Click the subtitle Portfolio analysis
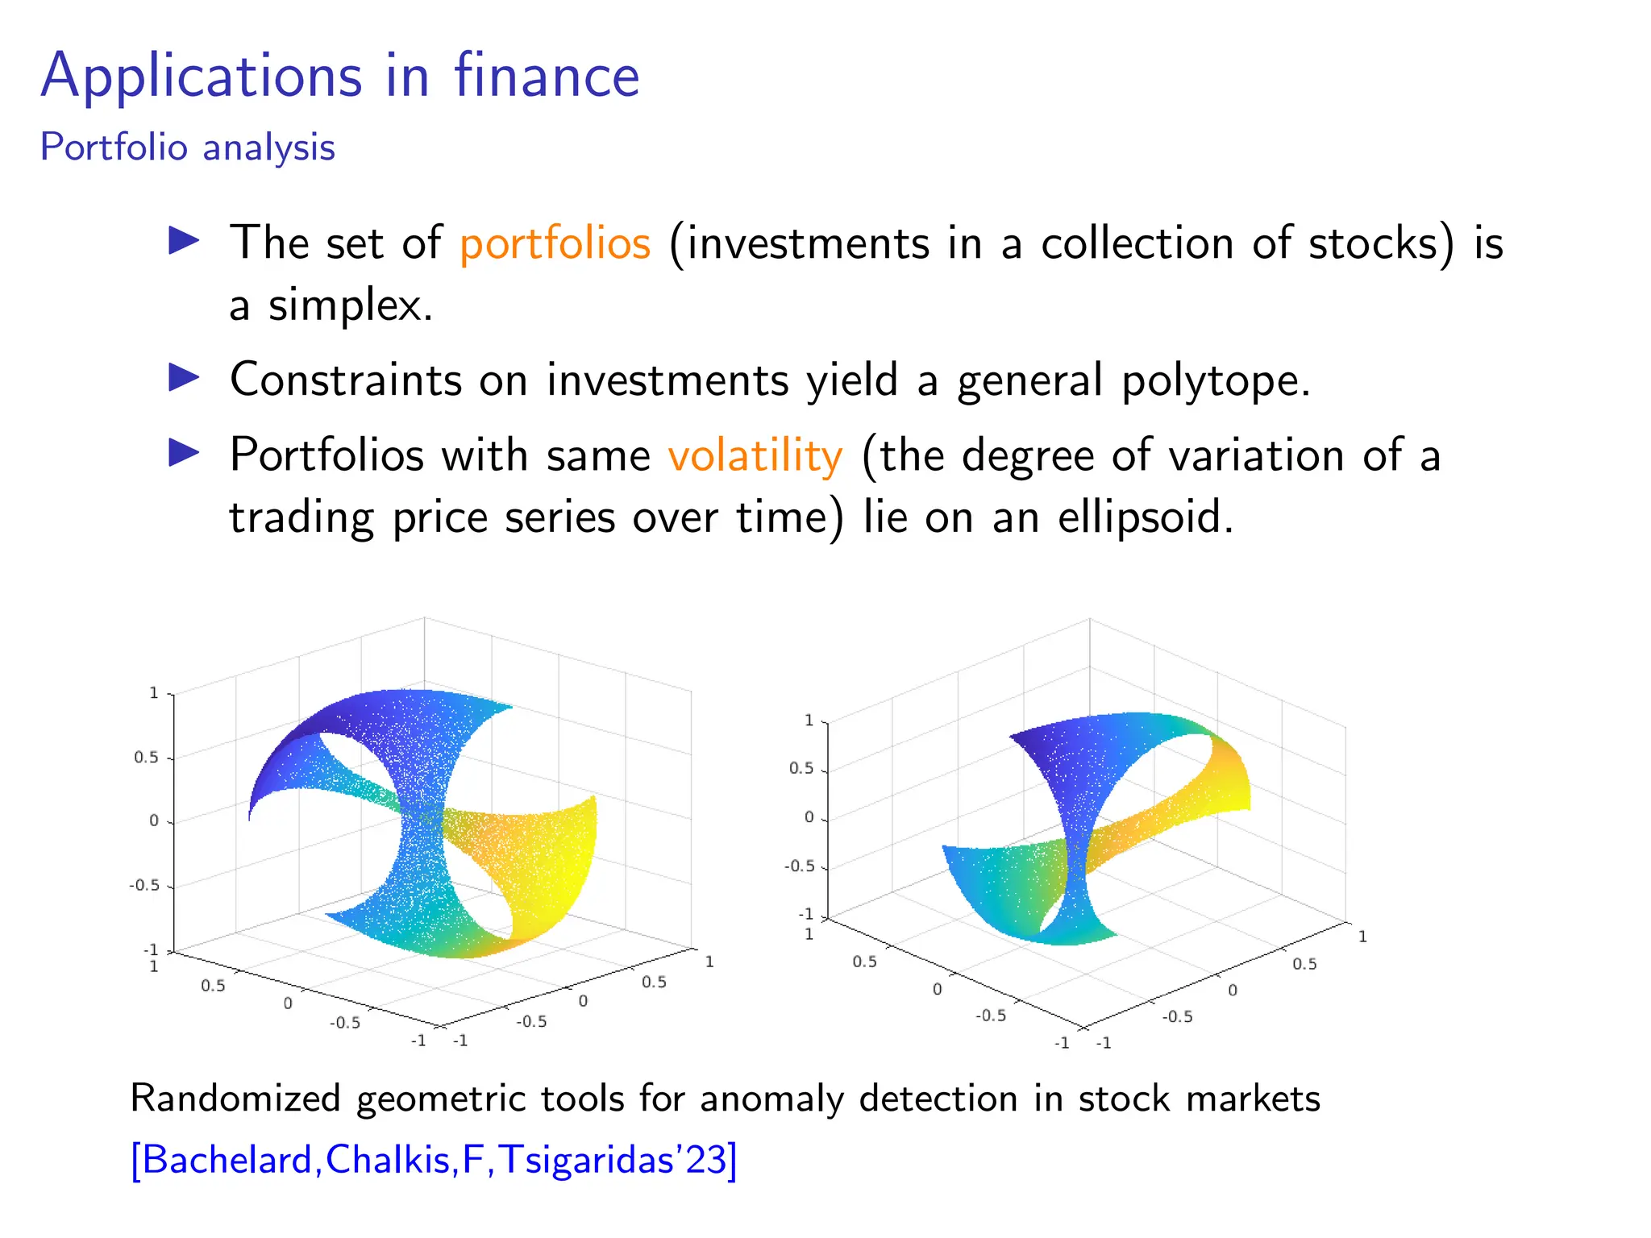coord(187,147)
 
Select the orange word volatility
coord(755,455)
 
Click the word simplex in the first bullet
coord(351,305)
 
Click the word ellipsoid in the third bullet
coord(1145,517)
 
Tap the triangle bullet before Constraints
coord(184,377)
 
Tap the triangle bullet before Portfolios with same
coord(184,453)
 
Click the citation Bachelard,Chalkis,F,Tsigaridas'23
coord(434,1160)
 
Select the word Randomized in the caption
coord(235,1099)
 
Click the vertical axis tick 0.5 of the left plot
coord(147,758)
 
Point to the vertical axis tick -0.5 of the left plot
coord(144,885)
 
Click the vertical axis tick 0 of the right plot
coord(809,817)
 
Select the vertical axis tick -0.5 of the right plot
coord(800,866)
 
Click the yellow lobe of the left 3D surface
coord(548,870)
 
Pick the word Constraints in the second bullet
coord(346,380)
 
